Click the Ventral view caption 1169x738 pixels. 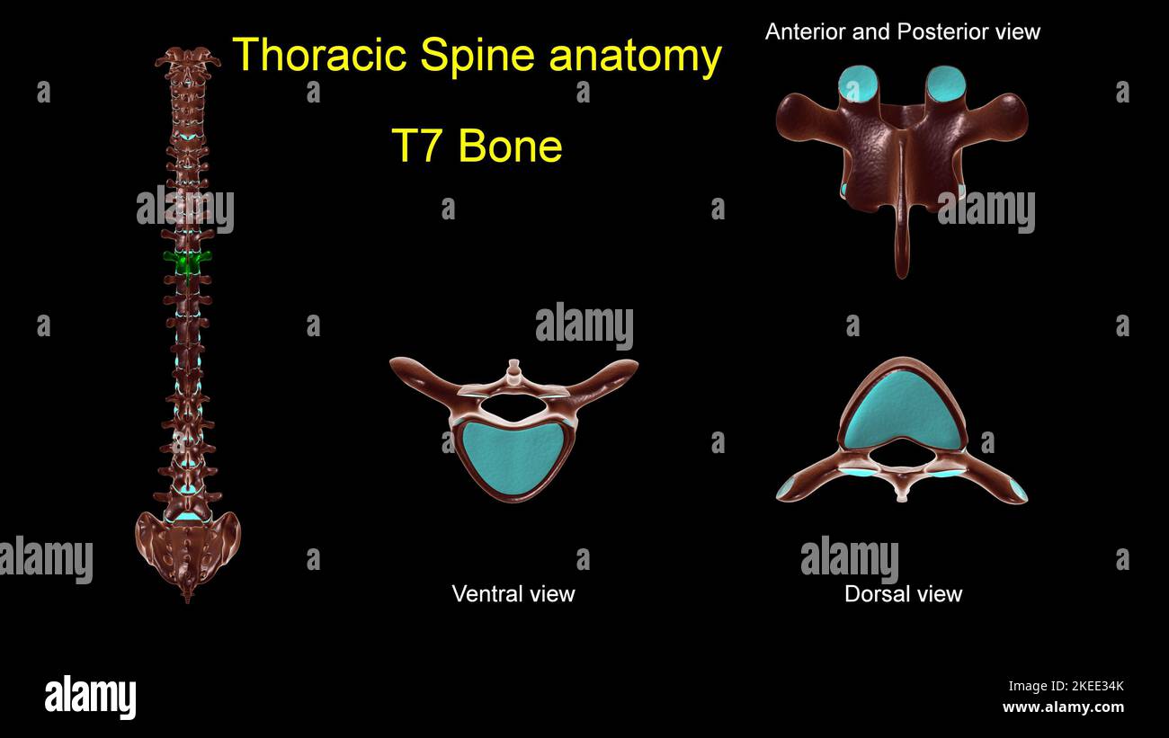pos(513,593)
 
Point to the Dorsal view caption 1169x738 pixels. pos(903,593)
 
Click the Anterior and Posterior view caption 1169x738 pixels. pos(902,31)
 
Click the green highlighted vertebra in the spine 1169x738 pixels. pos(187,262)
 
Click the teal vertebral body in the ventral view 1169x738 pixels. pos(513,457)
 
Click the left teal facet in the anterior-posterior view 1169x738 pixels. pos(858,84)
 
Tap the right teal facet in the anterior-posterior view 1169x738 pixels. pos(945,84)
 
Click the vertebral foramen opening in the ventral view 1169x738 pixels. pos(513,410)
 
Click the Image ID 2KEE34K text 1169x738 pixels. pos(1066,687)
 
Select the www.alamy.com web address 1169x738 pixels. pos(1063,707)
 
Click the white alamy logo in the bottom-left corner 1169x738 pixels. pos(90,698)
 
